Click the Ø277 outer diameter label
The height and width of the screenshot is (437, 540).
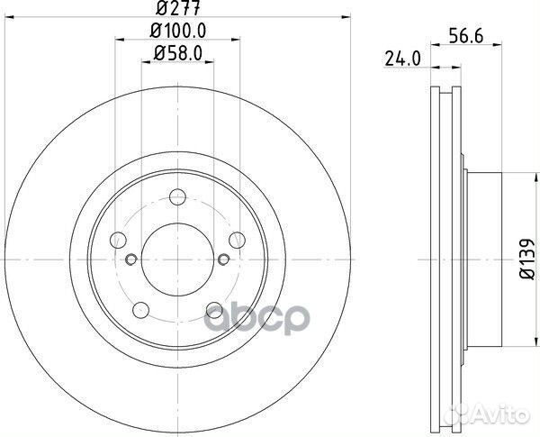click(177, 11)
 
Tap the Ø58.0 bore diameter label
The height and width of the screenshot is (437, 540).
click(177, 54)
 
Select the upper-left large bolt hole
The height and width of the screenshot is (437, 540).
click(118, 240)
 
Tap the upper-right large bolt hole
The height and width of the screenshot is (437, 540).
click(237, 239)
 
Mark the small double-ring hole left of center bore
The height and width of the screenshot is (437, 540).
click(131, 260)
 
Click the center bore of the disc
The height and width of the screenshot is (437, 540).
click(177, 260)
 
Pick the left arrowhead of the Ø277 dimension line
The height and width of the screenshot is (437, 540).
click(11, 19)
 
